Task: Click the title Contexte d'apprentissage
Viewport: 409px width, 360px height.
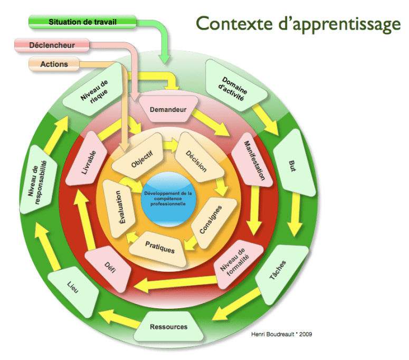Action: tap(298, 23)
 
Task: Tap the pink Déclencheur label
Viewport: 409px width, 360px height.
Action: tap(52, 45)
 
